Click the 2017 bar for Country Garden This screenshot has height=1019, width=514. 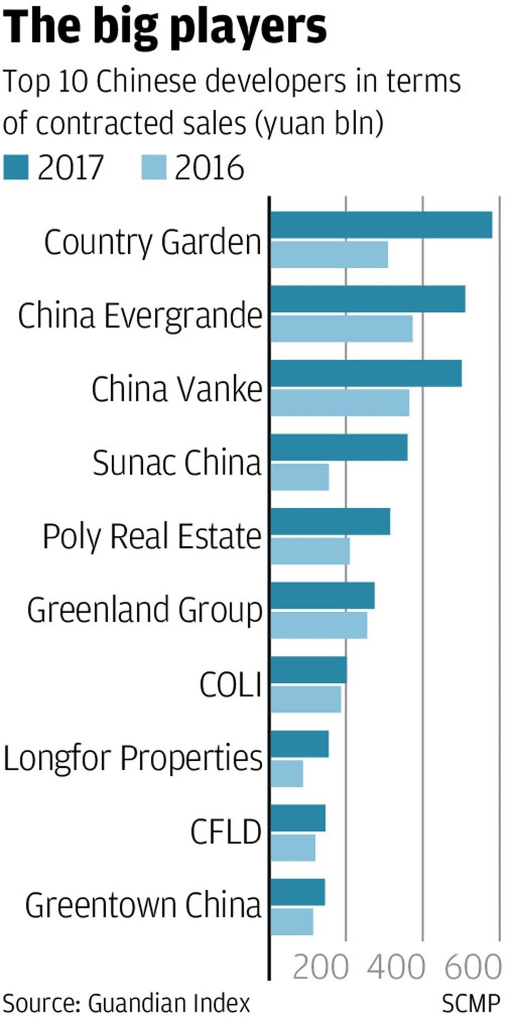[x=381, y=224]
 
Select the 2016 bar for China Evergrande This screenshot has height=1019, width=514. [x=341, y=328]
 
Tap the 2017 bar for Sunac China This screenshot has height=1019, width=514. [x=339, y=447]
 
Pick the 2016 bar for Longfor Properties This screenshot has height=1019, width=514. [x=287, y=774]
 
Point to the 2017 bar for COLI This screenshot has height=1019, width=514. [x=309, y=670]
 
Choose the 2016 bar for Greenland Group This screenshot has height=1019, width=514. [x=319, y=625]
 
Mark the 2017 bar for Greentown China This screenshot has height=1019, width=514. [x=298, y=892]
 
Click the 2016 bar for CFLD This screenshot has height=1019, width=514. [x=293, y=847]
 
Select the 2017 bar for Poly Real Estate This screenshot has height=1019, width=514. [x=330, y=521]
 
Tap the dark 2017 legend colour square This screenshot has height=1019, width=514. [x=16, y=167]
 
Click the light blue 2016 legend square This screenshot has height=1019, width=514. [x=154, y=167]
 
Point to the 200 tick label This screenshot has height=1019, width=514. [x=320, y=966]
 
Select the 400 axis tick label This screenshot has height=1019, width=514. [x=397, y=966]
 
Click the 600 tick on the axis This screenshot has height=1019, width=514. [x=473, y=966]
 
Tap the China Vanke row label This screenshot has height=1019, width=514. [x=177, y=389]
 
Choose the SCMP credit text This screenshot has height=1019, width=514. [x=471, y=1003]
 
